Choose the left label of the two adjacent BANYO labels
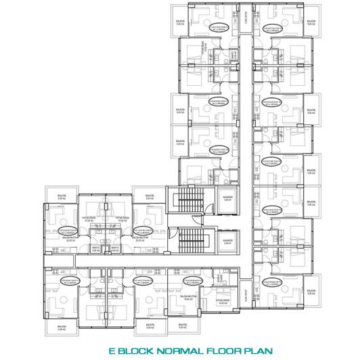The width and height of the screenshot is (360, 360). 95,248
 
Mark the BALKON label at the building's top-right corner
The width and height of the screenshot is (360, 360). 311,22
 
